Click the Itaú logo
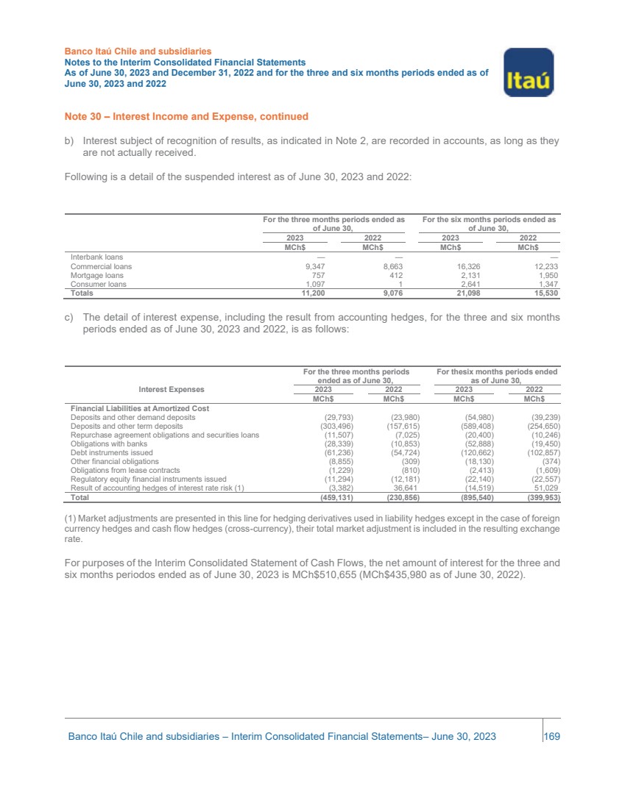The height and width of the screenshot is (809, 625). [x=528, y=72]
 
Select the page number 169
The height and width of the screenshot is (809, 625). [x=552, y=736]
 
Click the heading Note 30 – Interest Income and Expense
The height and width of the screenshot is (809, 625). [x=186, y=117]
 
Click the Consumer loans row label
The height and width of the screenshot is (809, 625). [x=98, y=284]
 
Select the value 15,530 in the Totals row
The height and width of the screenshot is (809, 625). [x=543, y=293]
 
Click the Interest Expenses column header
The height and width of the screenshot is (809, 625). [x=172, y=389]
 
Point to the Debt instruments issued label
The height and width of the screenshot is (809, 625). [x=111, y=452]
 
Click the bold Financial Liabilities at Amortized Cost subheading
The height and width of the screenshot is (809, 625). [x=140, y=408]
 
